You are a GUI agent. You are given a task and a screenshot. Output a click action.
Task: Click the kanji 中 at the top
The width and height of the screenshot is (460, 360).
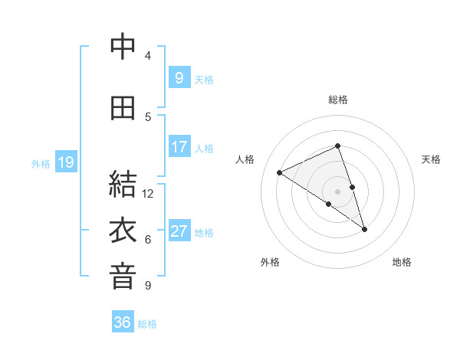click(x=123, y=47)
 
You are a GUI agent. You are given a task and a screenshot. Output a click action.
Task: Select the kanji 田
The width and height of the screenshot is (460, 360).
click(x=123, y=108)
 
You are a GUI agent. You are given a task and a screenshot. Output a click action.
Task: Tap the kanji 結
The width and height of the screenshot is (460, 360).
click(x=123, y=185)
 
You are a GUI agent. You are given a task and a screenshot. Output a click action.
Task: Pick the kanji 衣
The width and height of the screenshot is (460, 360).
click(x=123, y=231)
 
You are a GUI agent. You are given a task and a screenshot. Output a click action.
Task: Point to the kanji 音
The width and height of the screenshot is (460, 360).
click(x=123, y=277)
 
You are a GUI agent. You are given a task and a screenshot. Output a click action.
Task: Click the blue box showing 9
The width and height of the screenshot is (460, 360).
click(x=179, y=77)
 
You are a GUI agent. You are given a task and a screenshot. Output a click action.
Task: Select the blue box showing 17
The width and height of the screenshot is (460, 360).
click(x=179, y=147)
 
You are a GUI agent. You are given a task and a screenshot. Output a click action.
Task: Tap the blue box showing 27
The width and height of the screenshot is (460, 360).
click(x=179, y=231)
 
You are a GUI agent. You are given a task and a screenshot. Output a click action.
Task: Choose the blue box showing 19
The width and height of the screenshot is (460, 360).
click(x=65, y=162)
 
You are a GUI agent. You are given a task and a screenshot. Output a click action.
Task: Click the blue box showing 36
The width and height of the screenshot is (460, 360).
click(x=123, y=322)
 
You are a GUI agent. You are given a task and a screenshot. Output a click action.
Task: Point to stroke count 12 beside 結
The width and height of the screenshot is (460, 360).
click(x=148, y=194)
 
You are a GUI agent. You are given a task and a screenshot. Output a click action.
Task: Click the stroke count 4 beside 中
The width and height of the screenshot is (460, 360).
click(x=148, y=56)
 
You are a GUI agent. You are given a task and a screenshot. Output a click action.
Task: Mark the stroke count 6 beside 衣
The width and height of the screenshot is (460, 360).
click(x=148, y=240)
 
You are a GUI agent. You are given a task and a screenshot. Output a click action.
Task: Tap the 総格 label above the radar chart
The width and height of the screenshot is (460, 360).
click(x=338, y=100)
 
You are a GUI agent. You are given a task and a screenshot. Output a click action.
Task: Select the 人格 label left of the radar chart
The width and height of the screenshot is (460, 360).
click(x=245, y=159)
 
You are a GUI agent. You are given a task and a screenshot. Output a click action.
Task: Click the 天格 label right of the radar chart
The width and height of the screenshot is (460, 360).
click(x=431, y=159)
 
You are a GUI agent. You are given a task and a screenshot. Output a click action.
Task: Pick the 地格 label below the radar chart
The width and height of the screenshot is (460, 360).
click(x=402, y=262)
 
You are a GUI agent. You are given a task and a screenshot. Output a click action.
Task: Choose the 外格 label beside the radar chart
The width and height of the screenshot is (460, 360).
click(x=270, y=262)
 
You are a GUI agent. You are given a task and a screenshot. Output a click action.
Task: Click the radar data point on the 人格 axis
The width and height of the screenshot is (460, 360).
click(x=280, y=172)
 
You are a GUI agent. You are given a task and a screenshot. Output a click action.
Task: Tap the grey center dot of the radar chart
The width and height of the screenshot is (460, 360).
click(x=338, y=190)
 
